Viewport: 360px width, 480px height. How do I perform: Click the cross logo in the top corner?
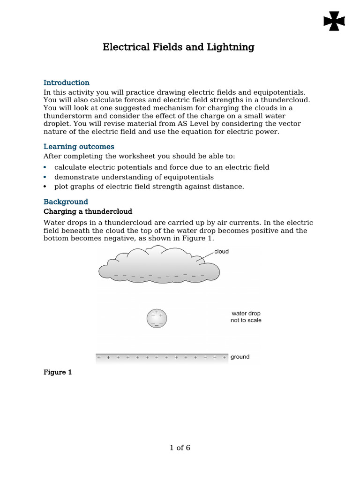point(334,22)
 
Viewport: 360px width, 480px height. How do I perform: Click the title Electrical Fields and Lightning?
point(179,47)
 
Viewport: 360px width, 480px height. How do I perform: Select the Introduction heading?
point(66,83)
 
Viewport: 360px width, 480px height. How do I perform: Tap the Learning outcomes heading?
point(79,147)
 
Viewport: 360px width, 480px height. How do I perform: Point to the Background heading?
point(66,202)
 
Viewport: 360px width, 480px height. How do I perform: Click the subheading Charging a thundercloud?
point(88,211)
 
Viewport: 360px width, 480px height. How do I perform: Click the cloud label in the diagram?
point(221,252)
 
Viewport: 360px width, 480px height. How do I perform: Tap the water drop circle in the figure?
point(157,318)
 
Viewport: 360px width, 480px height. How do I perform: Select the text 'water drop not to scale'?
point(246,317)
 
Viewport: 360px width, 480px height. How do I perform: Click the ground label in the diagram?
point(240,357)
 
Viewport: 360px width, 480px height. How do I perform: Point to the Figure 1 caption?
point(58,373)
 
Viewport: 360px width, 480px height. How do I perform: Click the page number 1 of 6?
point(180,448)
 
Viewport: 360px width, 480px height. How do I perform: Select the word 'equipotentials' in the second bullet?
point(191,177)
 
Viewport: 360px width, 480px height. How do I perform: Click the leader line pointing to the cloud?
point(205,256)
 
